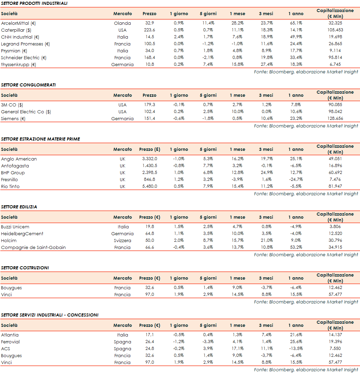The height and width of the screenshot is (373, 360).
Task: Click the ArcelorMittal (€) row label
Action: tap(19, 23)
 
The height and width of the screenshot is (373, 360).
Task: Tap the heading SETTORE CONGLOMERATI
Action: tap(28, 85)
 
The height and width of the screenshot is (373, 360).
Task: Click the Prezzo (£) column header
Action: tap(150, 149)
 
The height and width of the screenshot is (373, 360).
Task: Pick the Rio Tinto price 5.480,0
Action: tap(150, 187)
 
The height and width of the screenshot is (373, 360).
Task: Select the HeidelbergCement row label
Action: tap(22, 234)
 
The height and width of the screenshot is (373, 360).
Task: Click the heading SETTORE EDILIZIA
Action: tap(19, 207)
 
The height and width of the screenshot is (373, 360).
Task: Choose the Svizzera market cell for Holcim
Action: tap(123, 241)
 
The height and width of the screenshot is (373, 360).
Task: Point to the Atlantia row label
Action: tap(10, 335)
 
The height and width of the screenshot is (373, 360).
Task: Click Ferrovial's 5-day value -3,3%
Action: tap(208, 342)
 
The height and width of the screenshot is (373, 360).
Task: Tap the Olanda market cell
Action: tap(123, 23)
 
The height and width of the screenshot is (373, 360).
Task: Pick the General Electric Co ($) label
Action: tap(26, 112)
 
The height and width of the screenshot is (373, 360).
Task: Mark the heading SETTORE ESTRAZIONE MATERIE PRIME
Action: tap(40, 139)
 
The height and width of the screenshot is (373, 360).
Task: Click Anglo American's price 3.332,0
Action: tap(150, 159)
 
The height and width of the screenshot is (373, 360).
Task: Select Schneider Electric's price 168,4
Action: tap(150, 58)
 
